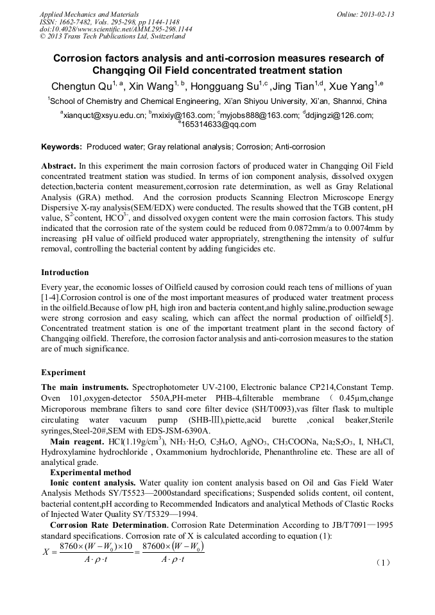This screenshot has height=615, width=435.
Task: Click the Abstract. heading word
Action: [58, 165]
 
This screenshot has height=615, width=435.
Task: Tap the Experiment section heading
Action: [64, 372]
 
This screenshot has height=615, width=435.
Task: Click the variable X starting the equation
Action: [45, 551]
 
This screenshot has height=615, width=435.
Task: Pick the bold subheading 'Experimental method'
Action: [90, 473]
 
